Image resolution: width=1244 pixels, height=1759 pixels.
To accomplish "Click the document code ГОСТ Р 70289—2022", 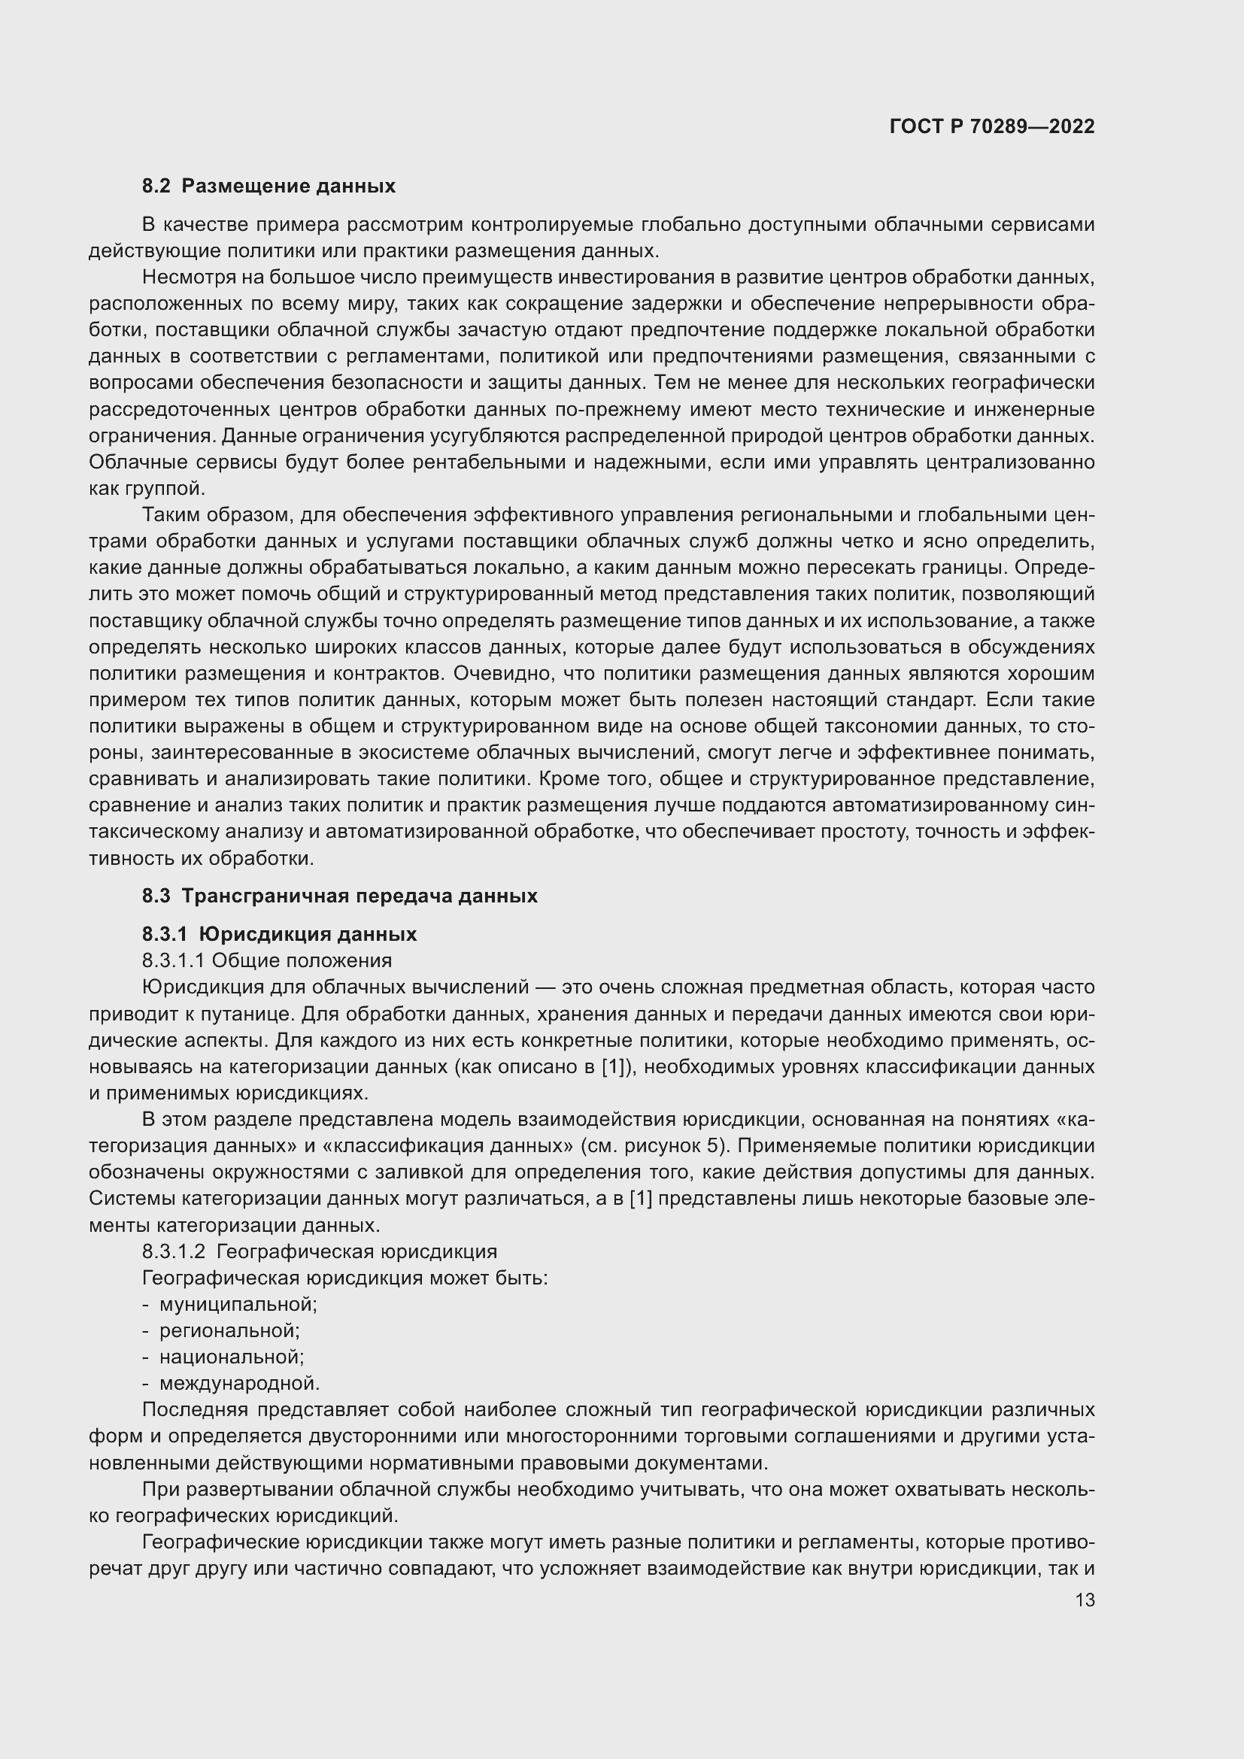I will click(x=991, y=126).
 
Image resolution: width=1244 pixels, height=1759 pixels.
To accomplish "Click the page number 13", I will click(x=1085, y=1600).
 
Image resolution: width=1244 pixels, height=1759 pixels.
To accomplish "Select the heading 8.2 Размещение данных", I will click(x=269, y=187).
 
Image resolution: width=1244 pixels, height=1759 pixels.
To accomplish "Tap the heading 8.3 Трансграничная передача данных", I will click(x=339, y=896).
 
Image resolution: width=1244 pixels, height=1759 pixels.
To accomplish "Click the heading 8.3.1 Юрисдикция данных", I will click(x=280, y=934).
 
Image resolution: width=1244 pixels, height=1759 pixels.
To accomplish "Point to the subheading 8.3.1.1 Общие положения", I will click(x=266, y=960).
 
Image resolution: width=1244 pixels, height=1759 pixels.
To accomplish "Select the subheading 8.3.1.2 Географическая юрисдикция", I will click(x=320, y=1251).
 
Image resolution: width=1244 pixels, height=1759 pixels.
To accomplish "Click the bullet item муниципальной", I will click(x=238, y=1303).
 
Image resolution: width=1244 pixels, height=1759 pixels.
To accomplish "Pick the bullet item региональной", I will click(x=229, y=1330).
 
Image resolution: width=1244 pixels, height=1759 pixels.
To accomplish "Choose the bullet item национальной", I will click(x=232, y=1357).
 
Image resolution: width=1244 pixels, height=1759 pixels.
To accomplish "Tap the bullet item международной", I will click(x=239, y=1383).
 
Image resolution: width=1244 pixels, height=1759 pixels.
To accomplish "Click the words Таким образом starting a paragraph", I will click(x=212, y=515).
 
